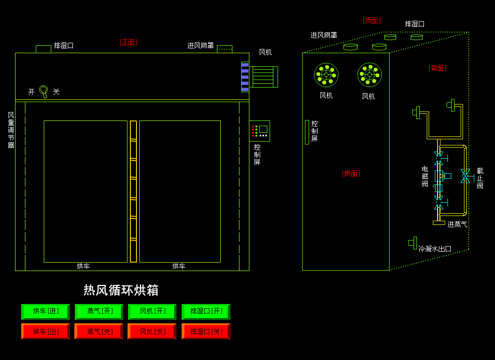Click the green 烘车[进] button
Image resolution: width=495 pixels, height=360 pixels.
point(45,312)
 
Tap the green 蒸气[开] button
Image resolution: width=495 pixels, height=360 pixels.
point(99,312)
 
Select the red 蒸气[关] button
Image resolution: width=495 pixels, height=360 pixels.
point(99,331)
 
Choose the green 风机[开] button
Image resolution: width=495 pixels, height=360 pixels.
point(152,312)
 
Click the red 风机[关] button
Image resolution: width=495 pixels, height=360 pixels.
point(152,331)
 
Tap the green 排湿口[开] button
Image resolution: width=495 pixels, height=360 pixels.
point(206,312)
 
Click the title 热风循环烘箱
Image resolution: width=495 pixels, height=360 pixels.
point(121,290)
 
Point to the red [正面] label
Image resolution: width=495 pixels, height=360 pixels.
point(128,42)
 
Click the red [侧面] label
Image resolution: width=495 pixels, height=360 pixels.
point(351,174)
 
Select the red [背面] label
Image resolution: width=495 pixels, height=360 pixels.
point(437,68)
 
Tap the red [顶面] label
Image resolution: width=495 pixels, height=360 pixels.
point(371,21)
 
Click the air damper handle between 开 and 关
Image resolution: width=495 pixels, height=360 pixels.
point(44,91)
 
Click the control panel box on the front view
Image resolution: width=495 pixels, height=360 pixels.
point(259,131)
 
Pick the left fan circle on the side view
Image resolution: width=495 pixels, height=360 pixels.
point(326,75)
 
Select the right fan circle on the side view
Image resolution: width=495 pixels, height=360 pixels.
point(369,75)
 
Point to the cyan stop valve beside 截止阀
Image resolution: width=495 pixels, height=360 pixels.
point(465,176)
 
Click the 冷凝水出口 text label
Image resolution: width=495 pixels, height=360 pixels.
point(435,248)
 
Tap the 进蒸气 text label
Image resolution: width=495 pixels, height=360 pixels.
point(457,224)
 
